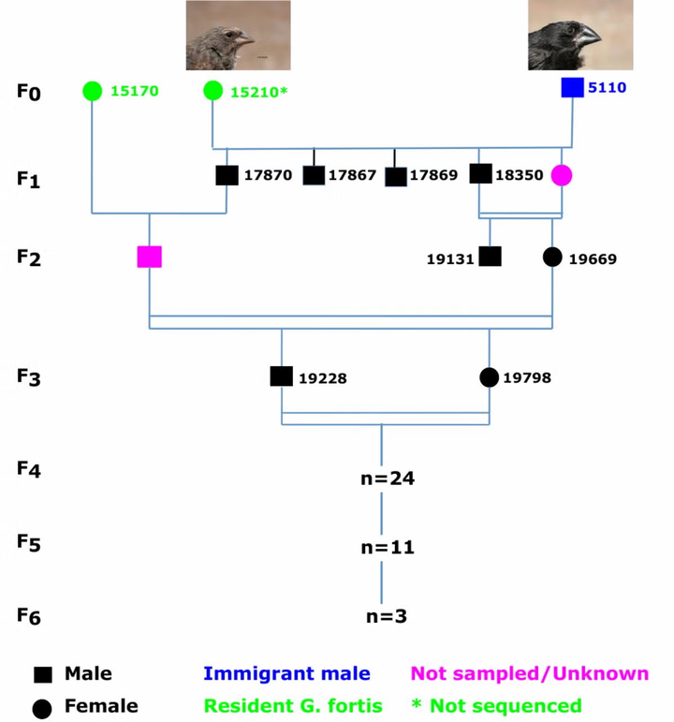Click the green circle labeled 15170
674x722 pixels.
click(92, 91)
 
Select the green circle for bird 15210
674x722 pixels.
click(212, 91)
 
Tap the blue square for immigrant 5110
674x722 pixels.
click(572, 88)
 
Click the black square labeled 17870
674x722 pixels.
click(227, 175)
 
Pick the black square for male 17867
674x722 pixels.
click(314, 175)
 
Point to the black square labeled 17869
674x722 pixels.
click(396, 176)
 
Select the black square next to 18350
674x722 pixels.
click(480, 174)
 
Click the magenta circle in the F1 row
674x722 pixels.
click(561, 175)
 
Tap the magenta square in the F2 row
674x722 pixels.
click(150, 257)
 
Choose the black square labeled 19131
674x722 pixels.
click(490, 257)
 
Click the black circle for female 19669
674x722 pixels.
click(552, 257)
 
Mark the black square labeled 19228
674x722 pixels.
click(282, 376)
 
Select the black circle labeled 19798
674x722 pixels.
click(489, 377)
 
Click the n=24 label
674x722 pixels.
click(388, 479)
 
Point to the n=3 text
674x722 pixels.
click(387, 616)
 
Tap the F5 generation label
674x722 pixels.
click(29, 542)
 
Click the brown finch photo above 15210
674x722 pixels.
click(238, 36)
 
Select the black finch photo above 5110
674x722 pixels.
click(580, 36)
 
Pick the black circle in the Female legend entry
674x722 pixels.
click(42, 708)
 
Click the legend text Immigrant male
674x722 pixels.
click(286, 674)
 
